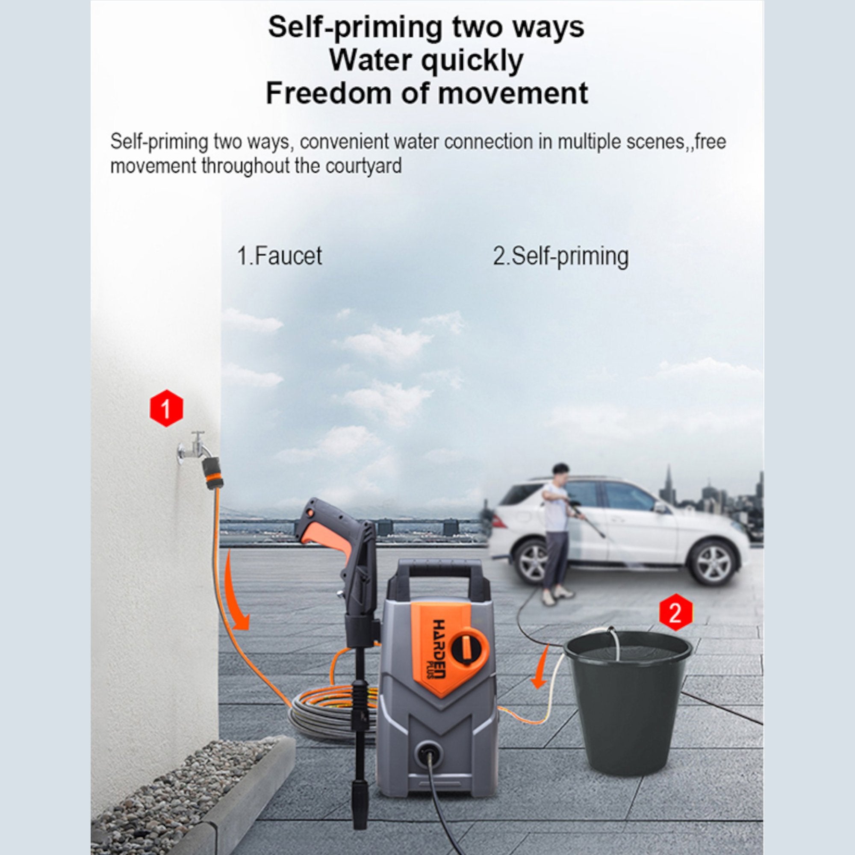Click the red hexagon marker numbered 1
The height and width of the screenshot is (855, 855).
(x=166, y=407)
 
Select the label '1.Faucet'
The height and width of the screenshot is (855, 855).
(x=280, y=256)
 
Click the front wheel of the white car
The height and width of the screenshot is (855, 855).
(x=713, y=563)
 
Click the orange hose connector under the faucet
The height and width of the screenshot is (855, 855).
(x=213, y=474)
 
